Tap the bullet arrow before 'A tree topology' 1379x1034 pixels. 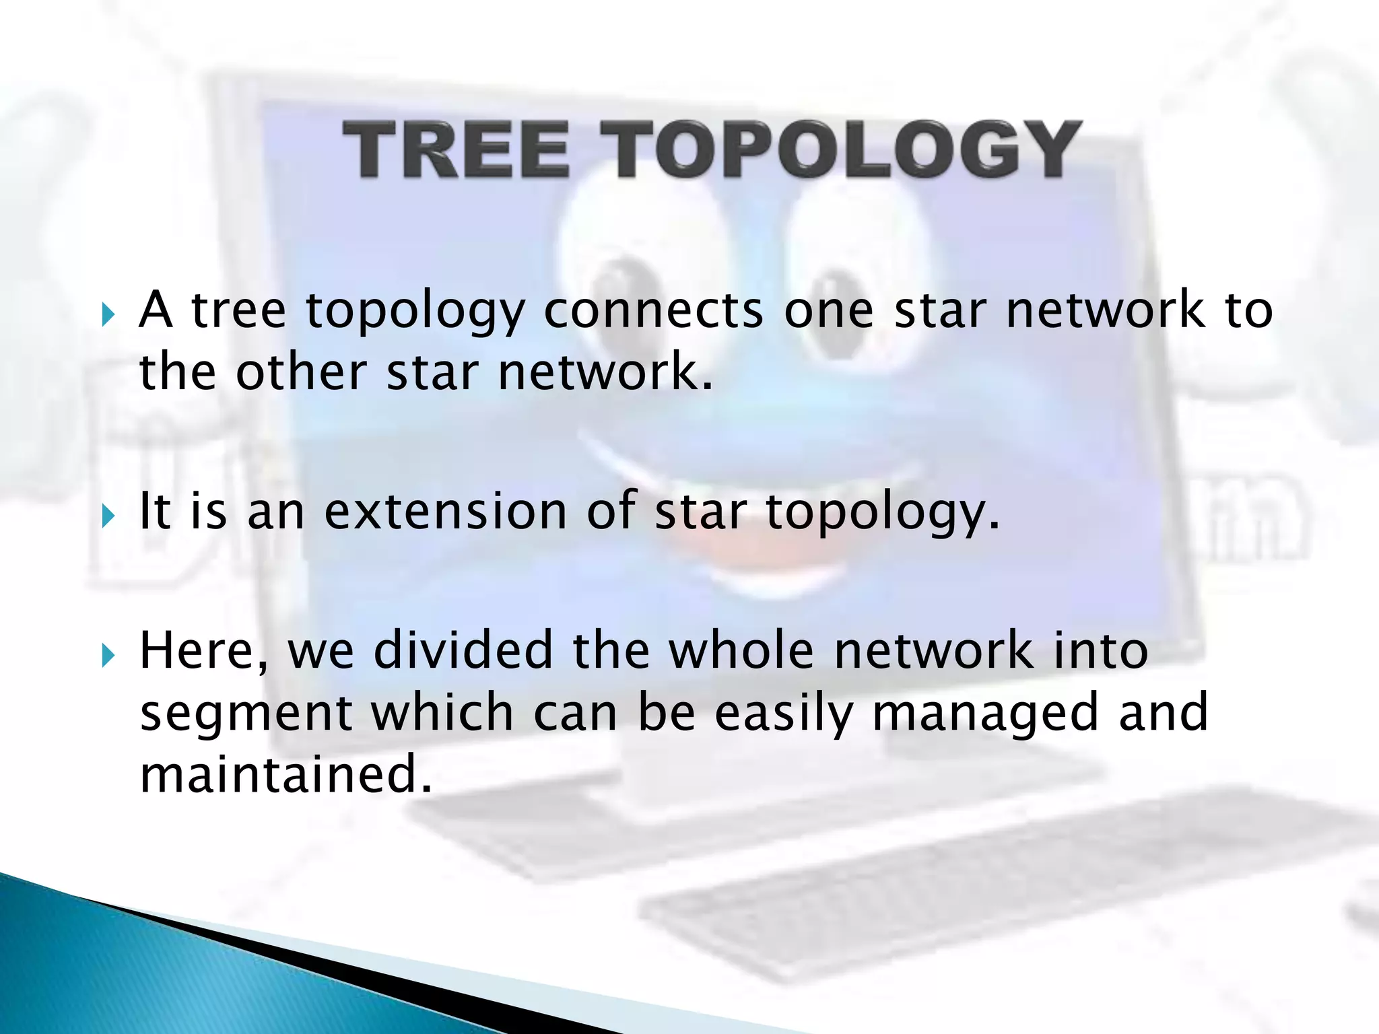pyautogui.click(x=108, y=314)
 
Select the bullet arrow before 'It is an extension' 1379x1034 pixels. pyautogui.click(x=108, y=516)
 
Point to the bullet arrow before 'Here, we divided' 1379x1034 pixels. pyautogui.click(x=108, y=655)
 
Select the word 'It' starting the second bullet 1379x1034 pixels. pyautogui.click(x=154, y=512)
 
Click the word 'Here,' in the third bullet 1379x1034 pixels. pyautogui.click(x=203, y=652)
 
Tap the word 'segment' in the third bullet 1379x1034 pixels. pyautogui.click(x=246, y=714)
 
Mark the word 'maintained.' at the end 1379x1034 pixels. pyautogui.click(x=285, y=774)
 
